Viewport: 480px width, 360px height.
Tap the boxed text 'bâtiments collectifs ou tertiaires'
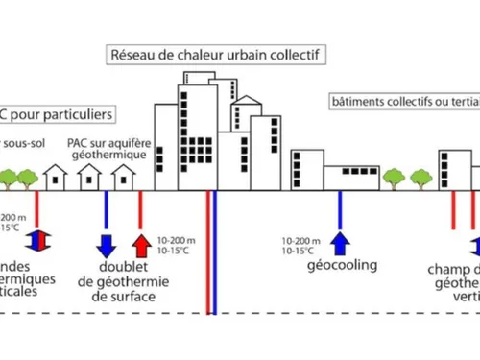pyautogui.click(x=404, y=101)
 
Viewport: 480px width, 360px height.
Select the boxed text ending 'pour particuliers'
pyautogui.click(x=57, y=114)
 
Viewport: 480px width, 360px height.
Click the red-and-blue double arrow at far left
pyautogui.click(x=36, y=241)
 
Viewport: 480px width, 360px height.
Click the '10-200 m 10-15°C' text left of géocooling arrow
pyautogui.click(x=302, y=245)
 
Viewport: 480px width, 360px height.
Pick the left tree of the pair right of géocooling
pyautogui.click(x=393, y=178)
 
